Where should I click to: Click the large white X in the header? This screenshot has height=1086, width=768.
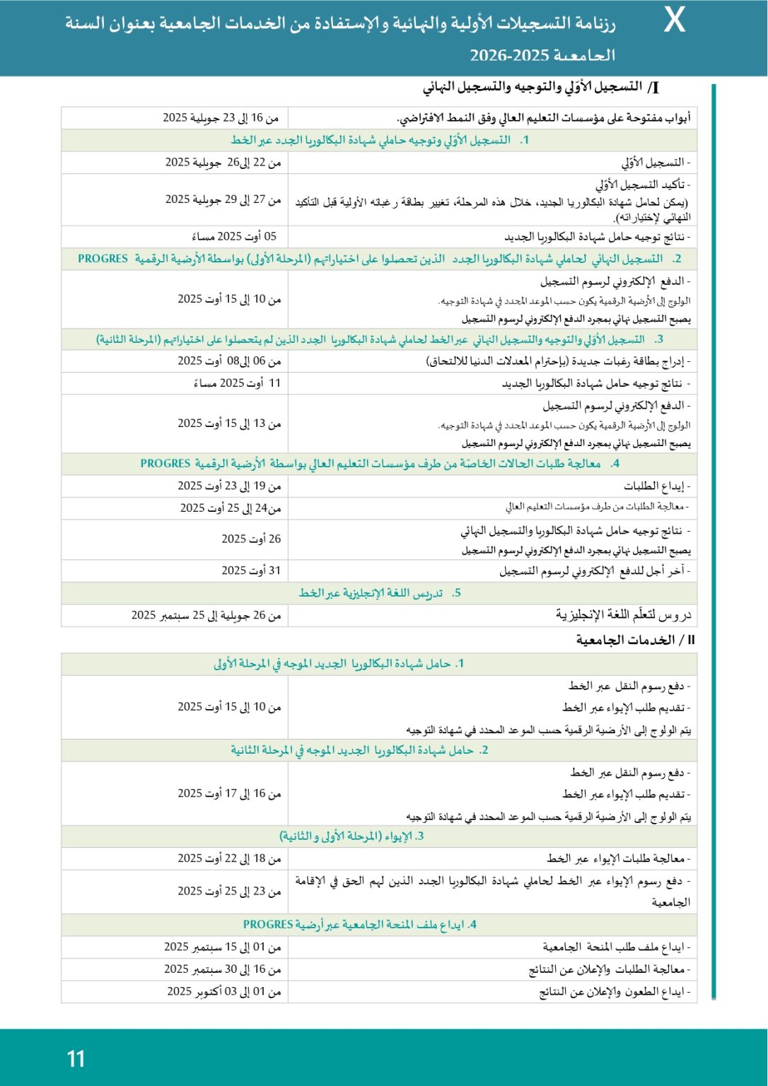point(674,22)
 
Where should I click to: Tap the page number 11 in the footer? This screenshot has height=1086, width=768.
point(76,1058)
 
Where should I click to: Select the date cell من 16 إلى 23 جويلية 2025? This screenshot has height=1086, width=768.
point(221,117)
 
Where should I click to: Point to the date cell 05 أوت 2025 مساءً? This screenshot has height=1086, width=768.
point(234,236)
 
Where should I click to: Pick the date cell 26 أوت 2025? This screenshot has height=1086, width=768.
point(251,539)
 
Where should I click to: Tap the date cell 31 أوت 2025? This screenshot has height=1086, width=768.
point(251,570)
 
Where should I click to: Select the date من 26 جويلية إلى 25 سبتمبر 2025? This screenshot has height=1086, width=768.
point(206,615)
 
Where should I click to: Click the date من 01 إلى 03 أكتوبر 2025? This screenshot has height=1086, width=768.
point(224,991)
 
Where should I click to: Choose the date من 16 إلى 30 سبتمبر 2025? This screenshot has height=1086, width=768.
point(223,969)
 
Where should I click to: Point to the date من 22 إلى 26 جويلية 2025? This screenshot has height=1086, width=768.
point(223,163)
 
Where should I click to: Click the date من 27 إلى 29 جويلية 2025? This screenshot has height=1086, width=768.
point(223,199)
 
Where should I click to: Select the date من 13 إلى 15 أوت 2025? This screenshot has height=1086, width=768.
point(229,423)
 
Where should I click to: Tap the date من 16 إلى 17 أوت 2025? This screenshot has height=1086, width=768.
point(229,793)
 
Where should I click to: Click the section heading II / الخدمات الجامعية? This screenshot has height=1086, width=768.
point(635,640)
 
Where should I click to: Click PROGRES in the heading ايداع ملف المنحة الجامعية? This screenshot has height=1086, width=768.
point(268,924)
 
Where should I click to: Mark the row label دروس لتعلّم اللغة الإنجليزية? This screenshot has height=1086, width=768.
point(623,615)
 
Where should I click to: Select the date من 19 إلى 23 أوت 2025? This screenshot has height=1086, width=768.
point(229,486)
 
